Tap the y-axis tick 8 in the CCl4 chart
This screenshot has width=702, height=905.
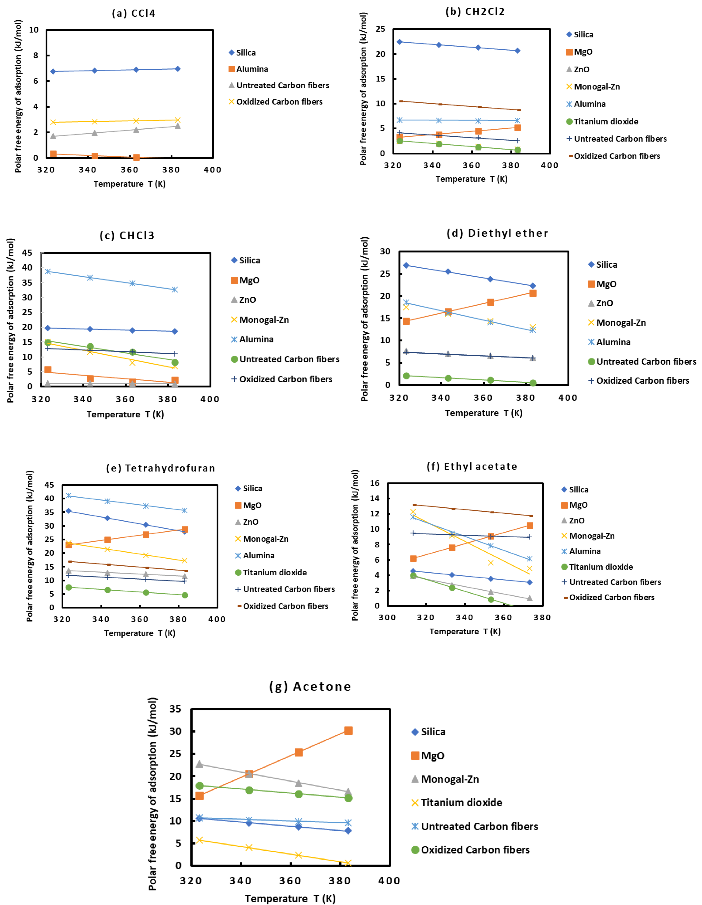tap(36, 56)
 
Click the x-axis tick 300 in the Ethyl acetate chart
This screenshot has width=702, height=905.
tap(387, 618)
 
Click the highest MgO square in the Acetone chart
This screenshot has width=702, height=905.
tap(348, 731)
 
